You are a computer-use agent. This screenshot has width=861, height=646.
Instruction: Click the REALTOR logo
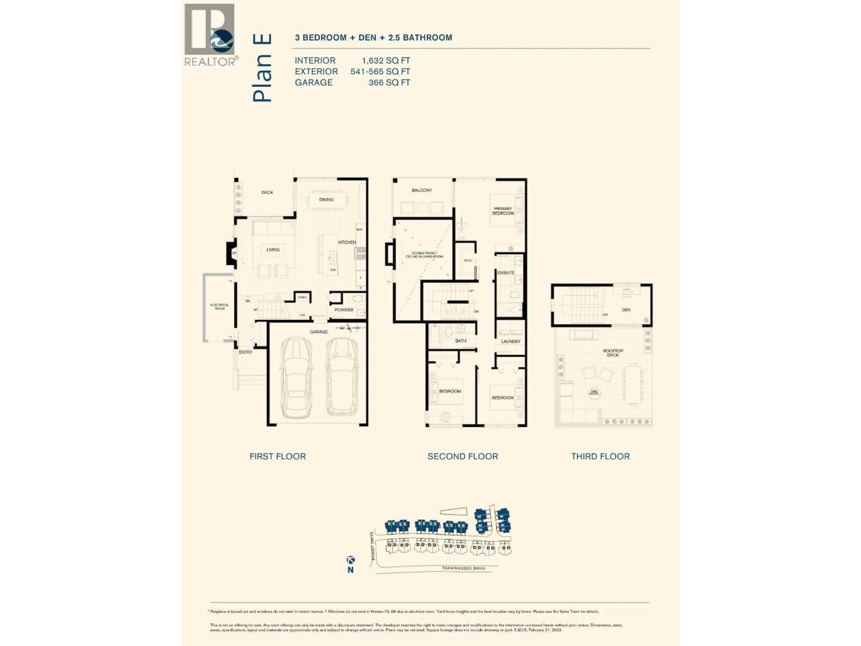click(209, 35)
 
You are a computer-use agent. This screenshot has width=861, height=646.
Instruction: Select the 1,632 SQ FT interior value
click(385, 61)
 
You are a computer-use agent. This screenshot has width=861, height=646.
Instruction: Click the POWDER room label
click(344, 310)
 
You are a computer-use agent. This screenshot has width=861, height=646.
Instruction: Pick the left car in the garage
click(296, 378)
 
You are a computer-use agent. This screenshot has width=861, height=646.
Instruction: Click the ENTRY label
click(245, 352)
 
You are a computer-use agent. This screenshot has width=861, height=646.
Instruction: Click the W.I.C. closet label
click(468, 260)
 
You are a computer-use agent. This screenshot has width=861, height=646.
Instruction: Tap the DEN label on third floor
click(626, 310)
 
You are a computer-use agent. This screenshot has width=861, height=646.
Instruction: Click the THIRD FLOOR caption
click(600, 456)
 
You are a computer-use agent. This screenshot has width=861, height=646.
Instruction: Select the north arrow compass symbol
click(350, 560)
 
